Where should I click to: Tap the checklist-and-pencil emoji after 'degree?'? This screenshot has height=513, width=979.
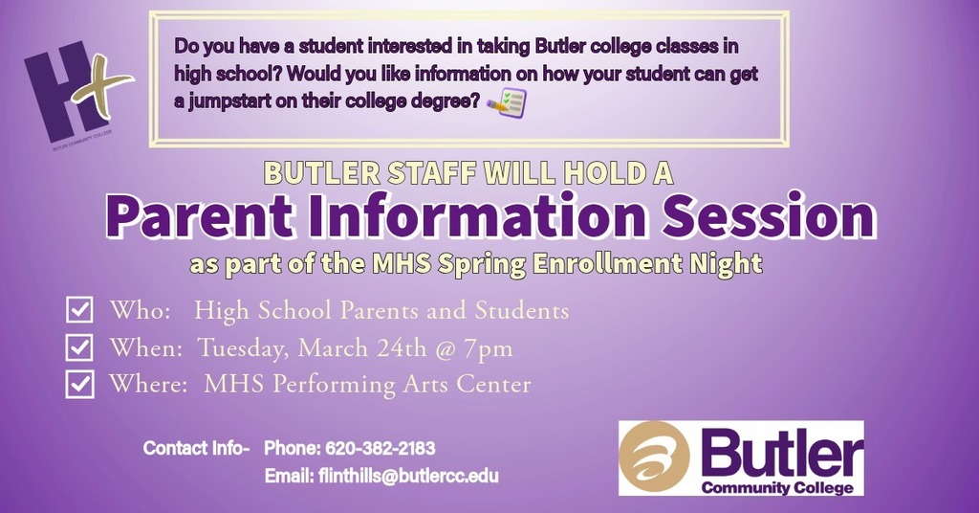pyautogui.click(x=507, y=101)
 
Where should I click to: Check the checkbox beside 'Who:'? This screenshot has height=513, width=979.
pyautogui.click(x=79, y=310)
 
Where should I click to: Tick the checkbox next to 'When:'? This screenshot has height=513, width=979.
pyautogui.click(x=79, y=346)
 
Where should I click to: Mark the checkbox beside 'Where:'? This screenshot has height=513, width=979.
pyautogui.click(x=79, y=384)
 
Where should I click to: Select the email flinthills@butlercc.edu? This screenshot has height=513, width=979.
pyautogui.click(x=408, y=476)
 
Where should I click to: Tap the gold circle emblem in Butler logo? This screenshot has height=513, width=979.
pyautogui.click(x=655, y=457)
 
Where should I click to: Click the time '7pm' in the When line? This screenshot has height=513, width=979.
pyautogui.click(x=488, y=347)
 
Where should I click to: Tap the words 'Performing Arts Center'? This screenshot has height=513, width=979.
pyautogui.click(x=402, y=385)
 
